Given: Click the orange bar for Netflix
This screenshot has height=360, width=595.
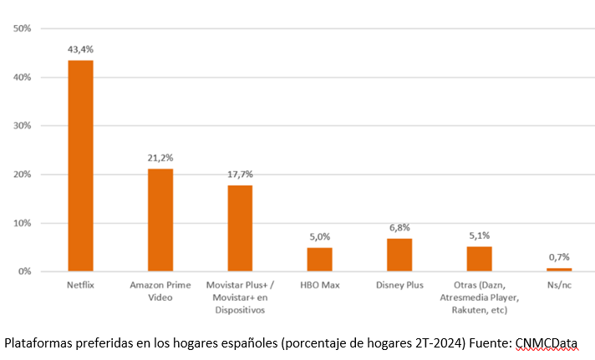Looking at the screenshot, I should point(80,165).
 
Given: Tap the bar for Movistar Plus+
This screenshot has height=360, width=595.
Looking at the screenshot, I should point(240,228).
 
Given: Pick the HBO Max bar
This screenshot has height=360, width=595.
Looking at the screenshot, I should point(319,259).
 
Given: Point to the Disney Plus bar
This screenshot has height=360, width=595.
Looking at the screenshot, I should point(399,255).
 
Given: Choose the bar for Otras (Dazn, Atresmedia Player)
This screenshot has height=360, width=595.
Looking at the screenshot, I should point(479,259).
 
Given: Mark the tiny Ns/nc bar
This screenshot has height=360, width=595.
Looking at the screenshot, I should point(559,270).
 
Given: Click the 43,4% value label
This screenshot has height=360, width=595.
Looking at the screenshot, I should point(80,49).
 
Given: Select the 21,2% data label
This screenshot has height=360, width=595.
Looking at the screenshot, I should point(160,157).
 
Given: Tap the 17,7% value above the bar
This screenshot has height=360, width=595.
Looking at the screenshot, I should point(240,174).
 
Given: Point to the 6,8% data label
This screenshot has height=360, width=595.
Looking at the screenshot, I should point(399,227).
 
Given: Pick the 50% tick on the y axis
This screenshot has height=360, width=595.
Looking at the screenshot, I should point(23,28).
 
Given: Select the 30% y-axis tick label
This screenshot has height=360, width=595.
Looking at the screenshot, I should point(23,126).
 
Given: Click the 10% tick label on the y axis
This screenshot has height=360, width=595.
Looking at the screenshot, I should point(23,223).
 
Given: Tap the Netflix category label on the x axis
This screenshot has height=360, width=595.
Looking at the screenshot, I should point(80,286).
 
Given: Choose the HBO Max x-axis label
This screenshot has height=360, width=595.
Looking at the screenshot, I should point(319,286).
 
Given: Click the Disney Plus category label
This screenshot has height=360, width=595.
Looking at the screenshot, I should point(399,286).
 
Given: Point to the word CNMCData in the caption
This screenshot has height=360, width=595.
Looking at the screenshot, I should point(547,342).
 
